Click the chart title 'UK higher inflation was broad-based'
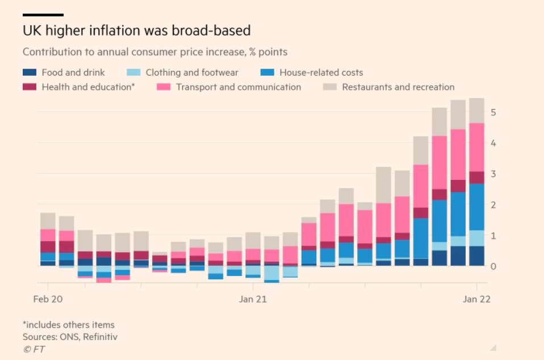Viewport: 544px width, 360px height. (136, 30)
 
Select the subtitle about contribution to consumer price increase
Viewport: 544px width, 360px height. (155, 52)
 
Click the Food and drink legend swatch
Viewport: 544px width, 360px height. (30, 73)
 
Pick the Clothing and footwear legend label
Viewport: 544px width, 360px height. (192, 73)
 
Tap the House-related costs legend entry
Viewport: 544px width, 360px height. (321, 73)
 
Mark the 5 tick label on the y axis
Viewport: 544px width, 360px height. (493, 112)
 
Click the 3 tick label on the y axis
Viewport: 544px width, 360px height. (493, 174)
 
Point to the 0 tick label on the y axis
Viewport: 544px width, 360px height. (493, 266)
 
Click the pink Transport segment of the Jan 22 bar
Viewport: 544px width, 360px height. (476, 147)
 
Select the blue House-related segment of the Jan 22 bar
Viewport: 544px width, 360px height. (476, 207)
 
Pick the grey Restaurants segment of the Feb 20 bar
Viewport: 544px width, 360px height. (48, 221)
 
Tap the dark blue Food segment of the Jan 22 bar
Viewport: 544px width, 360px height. (476, 256)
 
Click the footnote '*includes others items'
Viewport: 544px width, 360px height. (69, 325)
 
